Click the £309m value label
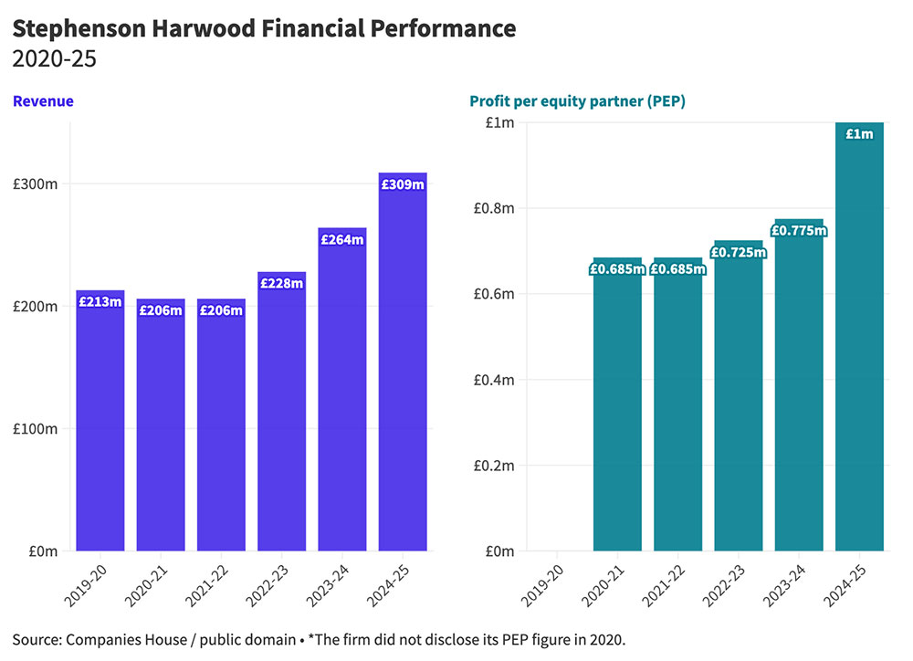[x=403, y=184]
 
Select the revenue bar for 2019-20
[x=100, y=429]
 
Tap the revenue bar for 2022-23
[x=282, y=420]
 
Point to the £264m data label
[x=342, y=240]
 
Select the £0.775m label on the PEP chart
[x=799, y=231]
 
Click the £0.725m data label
[x=739, y=252]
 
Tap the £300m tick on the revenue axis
[x=37, y=184]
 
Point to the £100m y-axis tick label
[x=37, y=429]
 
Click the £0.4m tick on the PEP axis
[x=490, y=380]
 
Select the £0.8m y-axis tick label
[x=490, y=208]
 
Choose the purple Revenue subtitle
[x=43, y=101]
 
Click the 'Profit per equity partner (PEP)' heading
[x=577, y=101]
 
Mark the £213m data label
[x=100, y=301]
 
